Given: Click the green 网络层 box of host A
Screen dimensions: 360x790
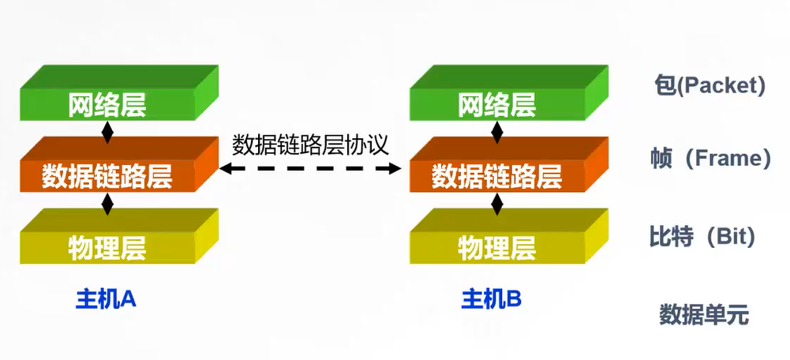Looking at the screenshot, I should click(x=108, y=103).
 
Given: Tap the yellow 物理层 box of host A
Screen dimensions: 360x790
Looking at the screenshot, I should click(x=108, y=247).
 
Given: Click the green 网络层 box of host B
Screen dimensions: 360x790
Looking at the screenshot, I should click(x=497, y=103).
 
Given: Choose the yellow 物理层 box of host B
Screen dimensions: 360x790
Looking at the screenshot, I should click(x=497, y=247).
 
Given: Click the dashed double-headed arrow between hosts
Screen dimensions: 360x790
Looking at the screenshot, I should click(x=311, y=168).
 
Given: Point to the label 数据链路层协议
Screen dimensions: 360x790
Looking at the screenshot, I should click(x=310, y=145).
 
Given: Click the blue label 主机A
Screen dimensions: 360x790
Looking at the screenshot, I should click(x=106, y=298).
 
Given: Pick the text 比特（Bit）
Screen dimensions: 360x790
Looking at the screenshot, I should click(x=702, y=235).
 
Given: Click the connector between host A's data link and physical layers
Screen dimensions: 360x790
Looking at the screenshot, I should click(x=108, y=202).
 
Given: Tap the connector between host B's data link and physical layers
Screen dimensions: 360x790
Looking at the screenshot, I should click(x=497, y=202).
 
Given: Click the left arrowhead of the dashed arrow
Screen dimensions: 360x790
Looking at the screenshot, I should click(x=226, y=168).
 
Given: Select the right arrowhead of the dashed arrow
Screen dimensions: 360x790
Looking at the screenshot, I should click(x=396, y=168).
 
